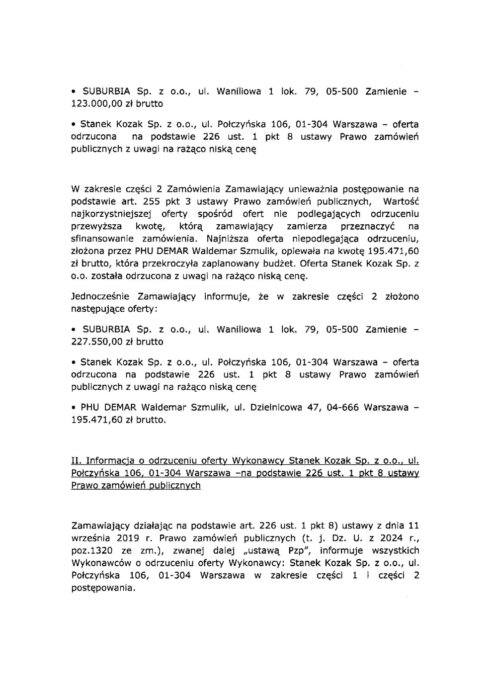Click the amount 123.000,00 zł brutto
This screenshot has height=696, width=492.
[x=117, y=104]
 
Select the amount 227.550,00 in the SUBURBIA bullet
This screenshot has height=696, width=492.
[x=97, y=342]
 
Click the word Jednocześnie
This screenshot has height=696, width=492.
[x=101, y=297]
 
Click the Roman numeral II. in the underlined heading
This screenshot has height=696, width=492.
[x=77, y=461]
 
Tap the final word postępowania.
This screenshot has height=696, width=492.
[x=103, y=588]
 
